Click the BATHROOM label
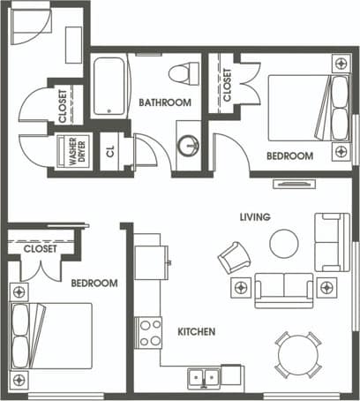(165, 102)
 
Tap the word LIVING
(254, 216)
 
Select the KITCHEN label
(197, 332)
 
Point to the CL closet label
(110, 151)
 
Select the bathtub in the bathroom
(110, 86)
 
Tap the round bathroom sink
(187, 147)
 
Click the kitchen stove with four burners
(150, 333)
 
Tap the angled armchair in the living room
(234, 257)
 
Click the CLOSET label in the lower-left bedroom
(41, 249)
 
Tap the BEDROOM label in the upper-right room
(290, 155)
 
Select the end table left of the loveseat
(239, 287)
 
